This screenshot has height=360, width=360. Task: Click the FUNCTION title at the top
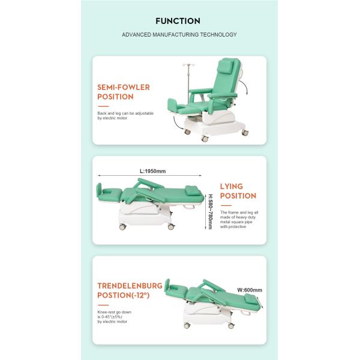[x=179, y=21]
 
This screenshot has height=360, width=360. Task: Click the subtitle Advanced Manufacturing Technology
[x=179, y=35]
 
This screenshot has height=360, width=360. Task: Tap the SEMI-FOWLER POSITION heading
[x=124, y=92]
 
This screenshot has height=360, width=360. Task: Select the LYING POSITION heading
[x=238, y=191]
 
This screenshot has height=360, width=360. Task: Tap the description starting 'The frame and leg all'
[x=239, y=213]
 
